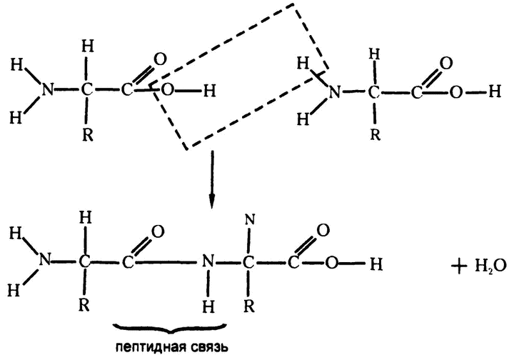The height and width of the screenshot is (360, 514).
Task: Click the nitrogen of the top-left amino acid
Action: [x=47, y=90]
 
